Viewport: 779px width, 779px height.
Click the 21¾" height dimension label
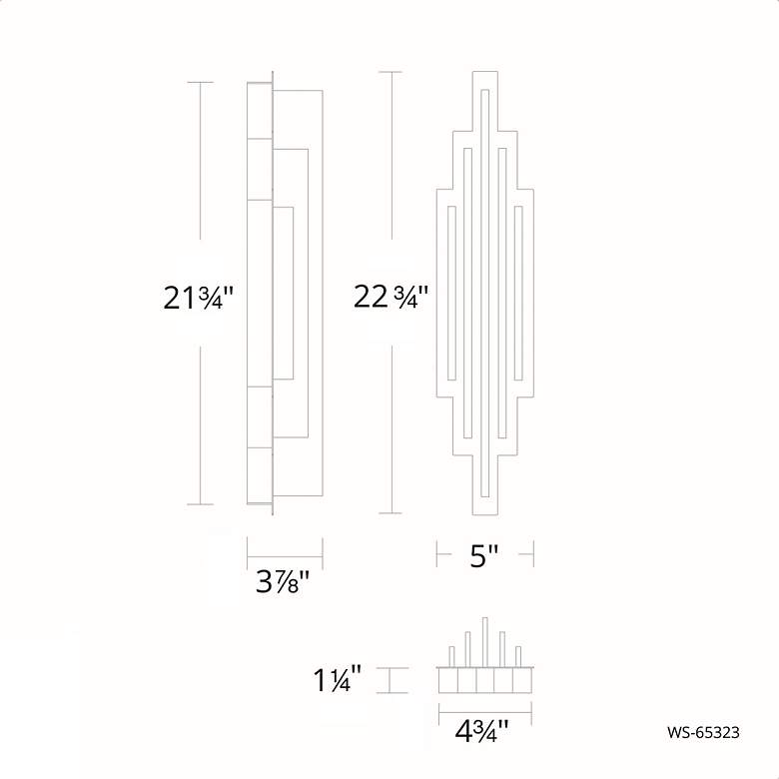click(199, 298)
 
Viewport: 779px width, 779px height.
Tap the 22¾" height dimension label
click(390, 297)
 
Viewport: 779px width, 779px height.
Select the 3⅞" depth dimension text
click(283, 581)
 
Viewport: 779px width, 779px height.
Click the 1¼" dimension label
click(337, 681)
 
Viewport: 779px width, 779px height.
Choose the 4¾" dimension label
click(482, 731)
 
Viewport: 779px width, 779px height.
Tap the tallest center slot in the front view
click(484, 292)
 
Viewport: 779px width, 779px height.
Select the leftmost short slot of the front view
click(452, 292)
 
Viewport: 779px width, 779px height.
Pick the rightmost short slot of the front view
click(517, 292)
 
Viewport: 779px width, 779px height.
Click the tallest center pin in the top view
click(485, 639)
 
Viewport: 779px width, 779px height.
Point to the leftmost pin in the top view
click(452, 655)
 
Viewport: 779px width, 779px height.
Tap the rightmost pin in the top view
click(518, 655)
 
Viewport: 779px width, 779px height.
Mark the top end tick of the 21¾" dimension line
click(201, 82)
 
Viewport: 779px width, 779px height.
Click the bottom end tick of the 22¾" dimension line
click(390, 513)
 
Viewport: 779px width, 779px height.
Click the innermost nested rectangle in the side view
click(283, 292)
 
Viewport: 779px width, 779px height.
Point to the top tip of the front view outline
click(484, 72)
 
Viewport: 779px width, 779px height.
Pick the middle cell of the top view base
click(485, 681)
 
